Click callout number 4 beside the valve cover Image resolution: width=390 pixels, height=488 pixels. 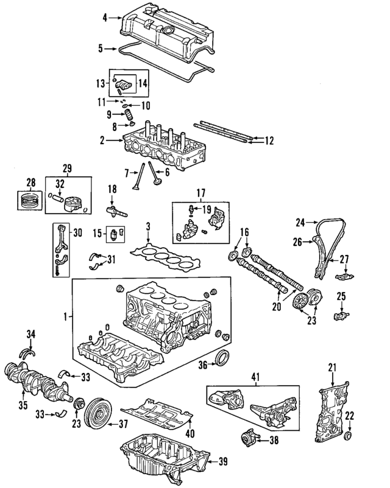104,18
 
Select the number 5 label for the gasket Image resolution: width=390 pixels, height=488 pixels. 104,47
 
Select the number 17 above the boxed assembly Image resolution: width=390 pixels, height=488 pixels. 199,195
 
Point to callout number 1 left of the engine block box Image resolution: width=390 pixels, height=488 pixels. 66,317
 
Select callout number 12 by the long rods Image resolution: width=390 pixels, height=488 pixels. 269,141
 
